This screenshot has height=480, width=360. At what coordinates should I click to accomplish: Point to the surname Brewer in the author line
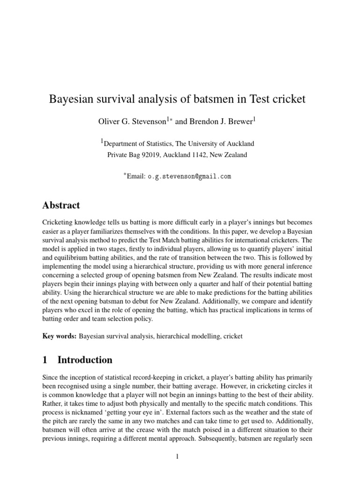click(239, 122)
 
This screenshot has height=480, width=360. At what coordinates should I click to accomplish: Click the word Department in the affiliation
click(124, 144)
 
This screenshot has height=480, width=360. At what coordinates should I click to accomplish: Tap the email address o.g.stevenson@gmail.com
click(189, 177)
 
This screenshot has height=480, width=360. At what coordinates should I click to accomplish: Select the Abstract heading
click(61, 205)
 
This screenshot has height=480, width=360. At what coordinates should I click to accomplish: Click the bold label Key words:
click(59, 336)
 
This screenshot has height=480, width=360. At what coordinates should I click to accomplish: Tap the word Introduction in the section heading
click(85, 360)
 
